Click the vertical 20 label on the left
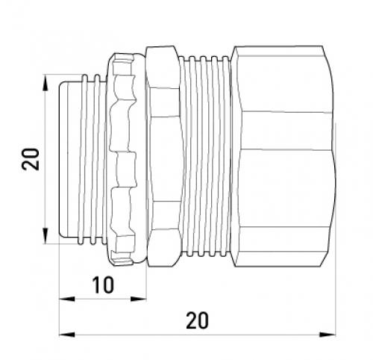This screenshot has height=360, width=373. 31,159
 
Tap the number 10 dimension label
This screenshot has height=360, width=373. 103,285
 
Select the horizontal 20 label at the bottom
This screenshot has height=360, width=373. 197,320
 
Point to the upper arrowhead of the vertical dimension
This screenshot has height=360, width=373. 45,82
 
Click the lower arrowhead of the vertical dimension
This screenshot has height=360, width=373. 45,236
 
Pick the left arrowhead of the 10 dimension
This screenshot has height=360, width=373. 67,299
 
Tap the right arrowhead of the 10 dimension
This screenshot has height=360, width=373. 139,299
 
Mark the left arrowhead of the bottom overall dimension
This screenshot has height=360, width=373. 67,335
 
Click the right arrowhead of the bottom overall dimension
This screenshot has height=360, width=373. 327,335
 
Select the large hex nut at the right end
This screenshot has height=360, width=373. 283,156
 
